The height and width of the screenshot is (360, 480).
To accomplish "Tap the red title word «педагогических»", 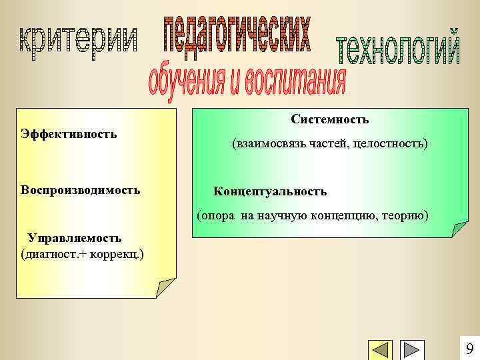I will pos(237,33).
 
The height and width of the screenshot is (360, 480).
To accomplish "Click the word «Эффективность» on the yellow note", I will pos(69,133).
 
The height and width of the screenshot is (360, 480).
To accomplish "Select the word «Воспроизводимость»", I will pos(80,190).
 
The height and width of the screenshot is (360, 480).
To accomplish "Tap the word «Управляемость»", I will pos(74,238).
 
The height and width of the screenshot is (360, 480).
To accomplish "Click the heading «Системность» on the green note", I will pos(330,119).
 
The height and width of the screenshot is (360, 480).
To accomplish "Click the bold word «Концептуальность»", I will pos(270,191).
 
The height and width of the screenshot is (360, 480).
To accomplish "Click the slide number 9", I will pos(469,349).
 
